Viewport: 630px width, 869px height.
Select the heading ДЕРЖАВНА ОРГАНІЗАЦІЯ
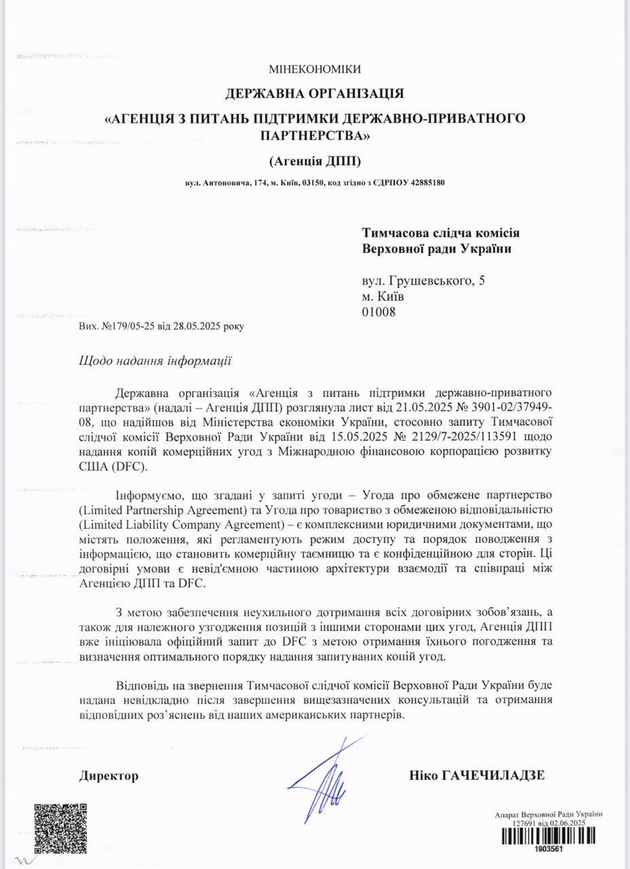click(314, 92)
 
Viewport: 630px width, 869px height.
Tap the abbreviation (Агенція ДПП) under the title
click(314, 161)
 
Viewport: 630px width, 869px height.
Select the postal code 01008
click(379, 312)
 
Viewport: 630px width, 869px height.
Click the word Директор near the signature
click(109, 776)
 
